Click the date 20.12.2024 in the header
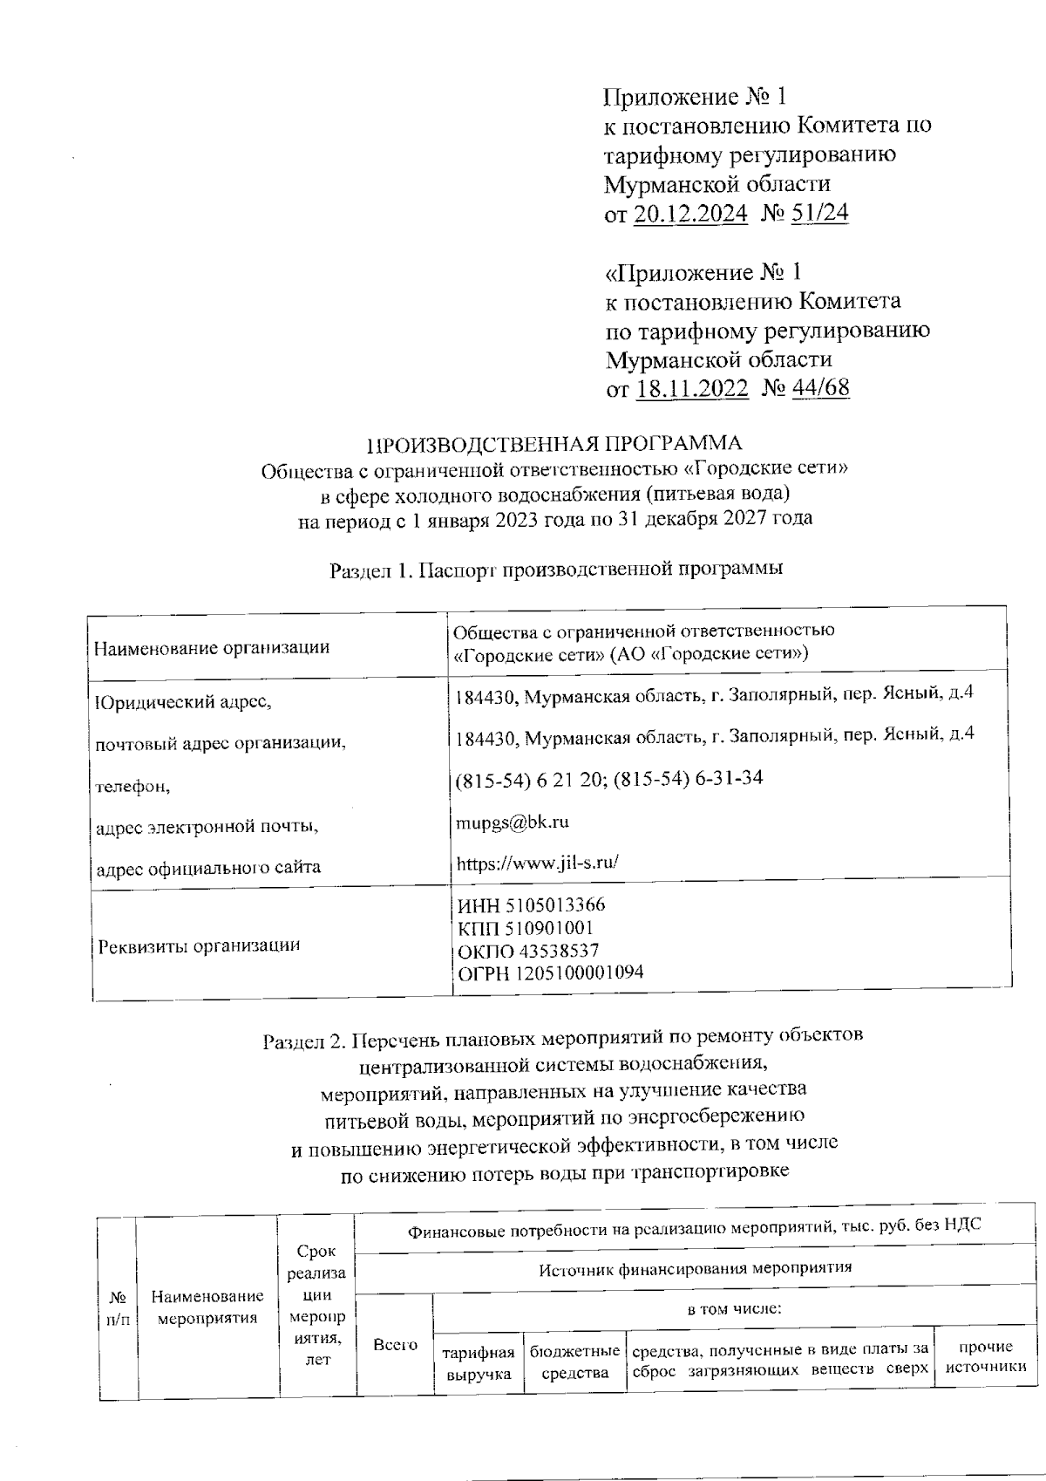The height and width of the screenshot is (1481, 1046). tap(689, 214)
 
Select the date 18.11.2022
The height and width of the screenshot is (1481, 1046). tap(692, 388)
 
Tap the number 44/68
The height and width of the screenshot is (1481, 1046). tap(820, 388)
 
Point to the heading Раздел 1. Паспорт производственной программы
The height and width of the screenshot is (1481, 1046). tap(555, 570)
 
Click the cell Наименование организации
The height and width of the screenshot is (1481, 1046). tap(212, 647)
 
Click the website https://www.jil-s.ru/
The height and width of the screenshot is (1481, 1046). tap(537, 863)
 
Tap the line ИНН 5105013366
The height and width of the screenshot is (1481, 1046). tap(531, 905)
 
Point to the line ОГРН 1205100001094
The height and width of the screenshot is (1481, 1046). tap(550, 973)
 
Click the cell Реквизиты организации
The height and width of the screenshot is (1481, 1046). tap(199, 945)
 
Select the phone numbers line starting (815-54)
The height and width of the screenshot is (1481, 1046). tap(609, 778)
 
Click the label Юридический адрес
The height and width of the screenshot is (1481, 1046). tap(188, 701)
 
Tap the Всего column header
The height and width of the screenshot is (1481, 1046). tap(395, 1346)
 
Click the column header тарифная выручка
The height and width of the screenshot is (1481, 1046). tap(479, 1363)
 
